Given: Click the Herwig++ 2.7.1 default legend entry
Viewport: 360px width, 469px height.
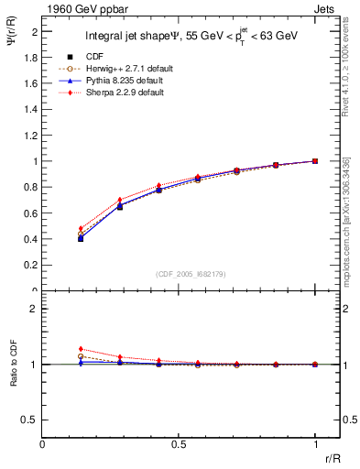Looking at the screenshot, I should click(x=115, y=69).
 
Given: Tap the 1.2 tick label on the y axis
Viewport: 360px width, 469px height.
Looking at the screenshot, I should click(x=33, y=136).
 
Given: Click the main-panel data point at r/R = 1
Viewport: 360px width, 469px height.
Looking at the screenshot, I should click(x=315, y=161).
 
